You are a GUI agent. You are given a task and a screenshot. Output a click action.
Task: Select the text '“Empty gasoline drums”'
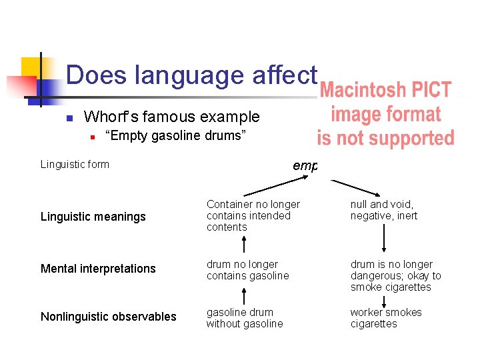pyautogui.click(x=176, y=137)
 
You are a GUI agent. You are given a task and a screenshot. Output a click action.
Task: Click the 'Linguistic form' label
pyautogui.click(x=75, y=165)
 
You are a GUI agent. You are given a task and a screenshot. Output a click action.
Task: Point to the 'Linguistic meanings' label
pyautogui.click(x=93, y=217)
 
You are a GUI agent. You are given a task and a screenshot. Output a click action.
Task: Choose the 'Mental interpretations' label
pyautogui.click(x=98, y=269)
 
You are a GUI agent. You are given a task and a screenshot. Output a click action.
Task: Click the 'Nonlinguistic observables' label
pyautogui.click(x=109, y=317)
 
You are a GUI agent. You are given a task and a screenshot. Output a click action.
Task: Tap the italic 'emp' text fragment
pyautogui.click(x=305, y=165)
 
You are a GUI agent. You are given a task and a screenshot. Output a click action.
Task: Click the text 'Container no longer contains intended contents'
pyautogui.click(x=253, y=215)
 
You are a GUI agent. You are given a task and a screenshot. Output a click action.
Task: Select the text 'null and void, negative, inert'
pyautogui.click(x=384, y=210)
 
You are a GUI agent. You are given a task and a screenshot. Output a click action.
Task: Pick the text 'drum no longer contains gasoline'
pyautogui.click(x=247, y=270)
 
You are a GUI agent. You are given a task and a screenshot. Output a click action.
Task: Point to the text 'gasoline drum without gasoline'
pyautogui.click(x=244, y=318)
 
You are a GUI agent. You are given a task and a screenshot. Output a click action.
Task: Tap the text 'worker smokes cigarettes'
pyautogui.click(x=386, y=318)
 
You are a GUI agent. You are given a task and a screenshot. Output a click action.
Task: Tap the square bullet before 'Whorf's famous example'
pyautogui.click(x=69, y=119)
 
